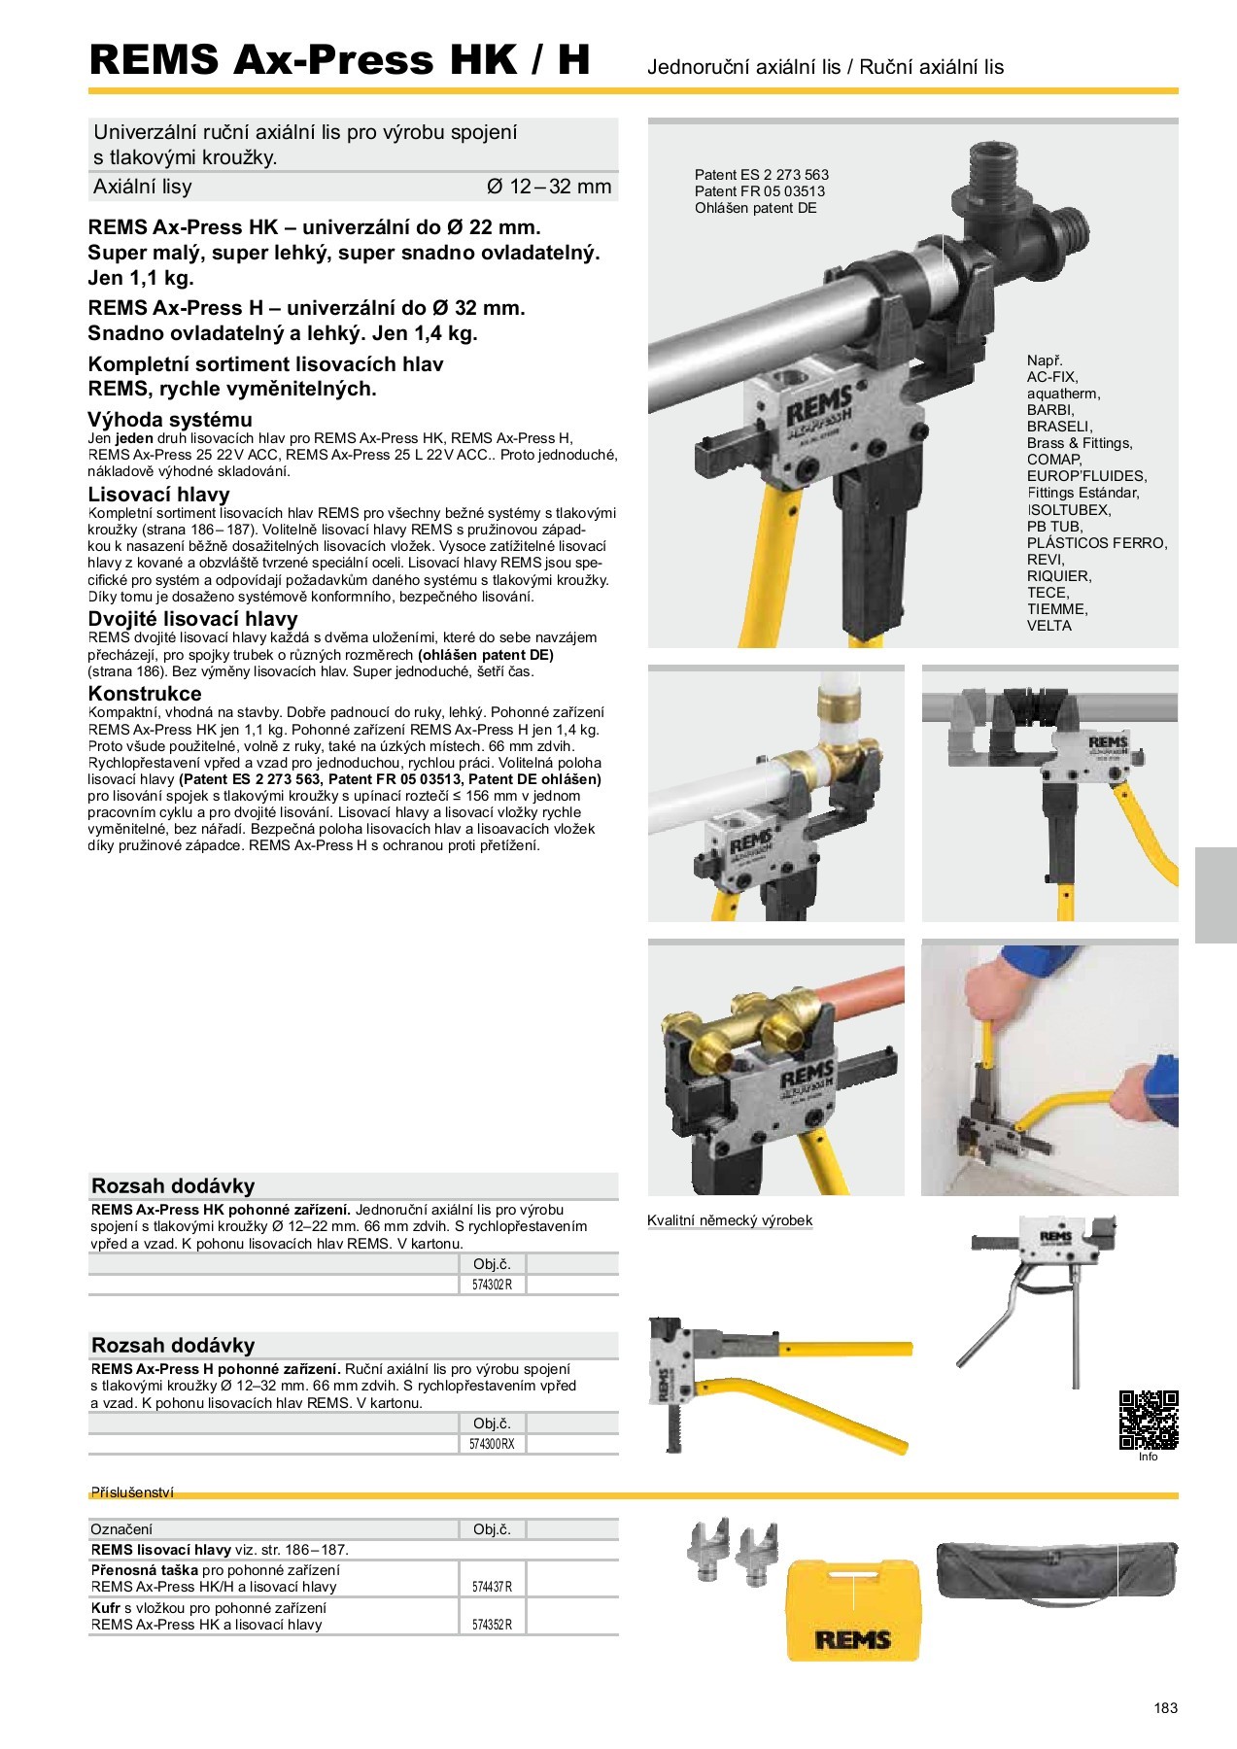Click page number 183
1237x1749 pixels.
1165,1707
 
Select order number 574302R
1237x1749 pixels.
492,1285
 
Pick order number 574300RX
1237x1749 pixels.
492,1444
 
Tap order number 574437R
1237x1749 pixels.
492,1587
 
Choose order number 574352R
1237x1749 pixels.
492,1625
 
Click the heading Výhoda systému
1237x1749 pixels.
170,420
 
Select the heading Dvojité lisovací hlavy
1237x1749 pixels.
192,619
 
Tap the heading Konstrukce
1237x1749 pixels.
145,694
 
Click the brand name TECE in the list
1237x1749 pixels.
1048,593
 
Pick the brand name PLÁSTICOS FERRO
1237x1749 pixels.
1096,543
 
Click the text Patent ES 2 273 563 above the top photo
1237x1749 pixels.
761,175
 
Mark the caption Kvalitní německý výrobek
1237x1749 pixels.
729,1220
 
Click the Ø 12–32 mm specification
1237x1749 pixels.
548,187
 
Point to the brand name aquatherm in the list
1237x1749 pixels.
1063,394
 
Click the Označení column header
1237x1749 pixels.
121,1529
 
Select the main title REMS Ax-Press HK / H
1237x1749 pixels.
339,60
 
